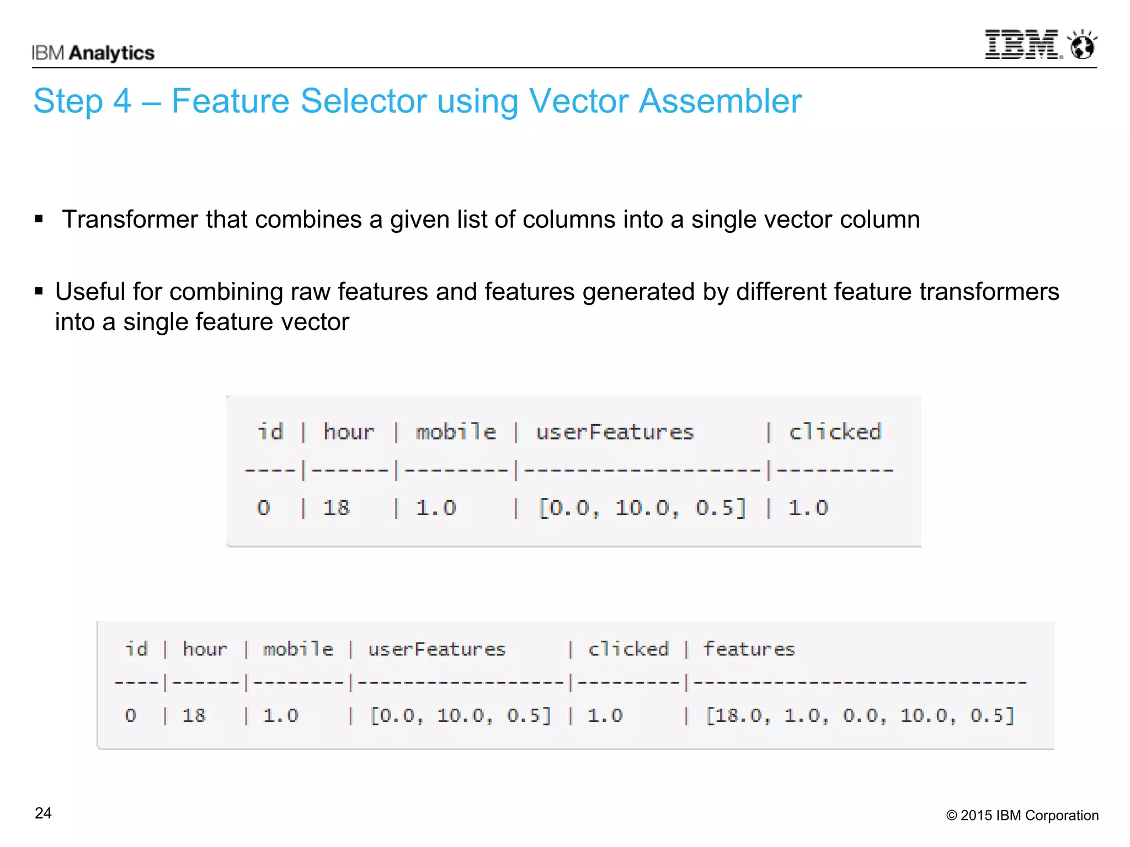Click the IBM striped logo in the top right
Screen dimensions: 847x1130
click(x=1022, y=45)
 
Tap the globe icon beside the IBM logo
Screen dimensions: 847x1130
click(x=1082, y=45)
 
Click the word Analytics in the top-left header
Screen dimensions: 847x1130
click(x=112, y=53)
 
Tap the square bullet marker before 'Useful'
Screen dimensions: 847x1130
click(x=39, y=291)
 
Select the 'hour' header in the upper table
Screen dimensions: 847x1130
click(x=349, y=432)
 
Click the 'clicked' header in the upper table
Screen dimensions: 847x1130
click(x=835, y=432)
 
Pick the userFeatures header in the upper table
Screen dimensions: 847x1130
click(x=615, y=432)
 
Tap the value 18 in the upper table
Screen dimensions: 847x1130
click(x=336, y=507)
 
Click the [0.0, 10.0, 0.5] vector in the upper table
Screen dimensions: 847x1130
click(x=642, y=507)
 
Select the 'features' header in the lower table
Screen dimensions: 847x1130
click(x=749, y=649)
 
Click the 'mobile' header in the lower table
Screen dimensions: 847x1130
click(x=298, y=649)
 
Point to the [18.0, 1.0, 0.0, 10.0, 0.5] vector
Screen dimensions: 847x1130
click(x=860, y=715)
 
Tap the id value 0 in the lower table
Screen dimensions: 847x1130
click(x=130, y=715)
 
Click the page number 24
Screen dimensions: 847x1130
click(x=43, y=813)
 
